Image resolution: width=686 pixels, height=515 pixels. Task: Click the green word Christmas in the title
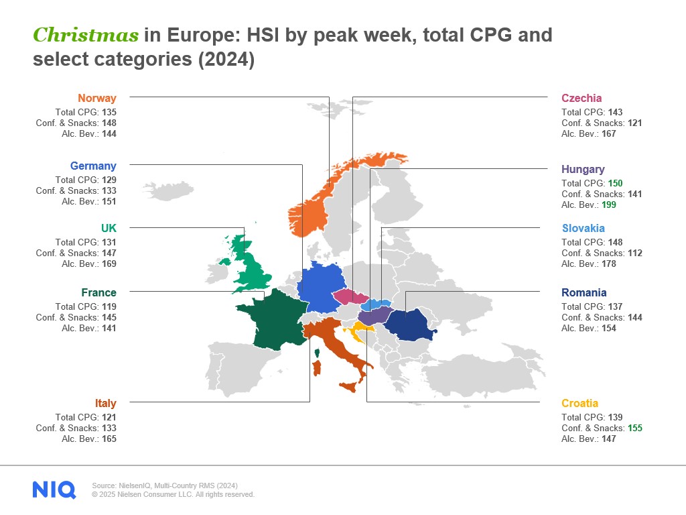click(x=86, y=35)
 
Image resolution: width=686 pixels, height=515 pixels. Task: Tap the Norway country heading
click(x=97, y=98)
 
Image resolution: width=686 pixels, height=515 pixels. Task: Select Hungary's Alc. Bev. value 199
click(x=608, y=205)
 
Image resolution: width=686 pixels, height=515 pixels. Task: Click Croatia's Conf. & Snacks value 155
click(x=635, y=428)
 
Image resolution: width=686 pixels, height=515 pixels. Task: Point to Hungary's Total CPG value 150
click(x=615, y=184)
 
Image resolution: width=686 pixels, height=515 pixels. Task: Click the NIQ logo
click(x=54, y=490)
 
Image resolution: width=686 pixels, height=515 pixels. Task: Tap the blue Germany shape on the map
click(x=322, y=287)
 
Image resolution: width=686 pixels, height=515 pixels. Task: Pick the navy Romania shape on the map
click(x=409, y=325)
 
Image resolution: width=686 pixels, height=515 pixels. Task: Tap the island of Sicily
click(x=348, y=387)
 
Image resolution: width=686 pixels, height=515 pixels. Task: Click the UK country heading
click(x=109, y=228)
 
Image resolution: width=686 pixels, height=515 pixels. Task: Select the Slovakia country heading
click(x=584, y=228)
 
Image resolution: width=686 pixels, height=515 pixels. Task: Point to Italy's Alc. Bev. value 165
click(x=109, y=439)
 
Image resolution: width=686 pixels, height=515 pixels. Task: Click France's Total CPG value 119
click(x=109, y=306)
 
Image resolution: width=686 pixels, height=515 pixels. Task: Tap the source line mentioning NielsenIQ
click(x=165, y=485)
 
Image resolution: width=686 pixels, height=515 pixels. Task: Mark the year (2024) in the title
click(x=226, y=59)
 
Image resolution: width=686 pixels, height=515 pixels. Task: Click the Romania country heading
click(x=584, y=292)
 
